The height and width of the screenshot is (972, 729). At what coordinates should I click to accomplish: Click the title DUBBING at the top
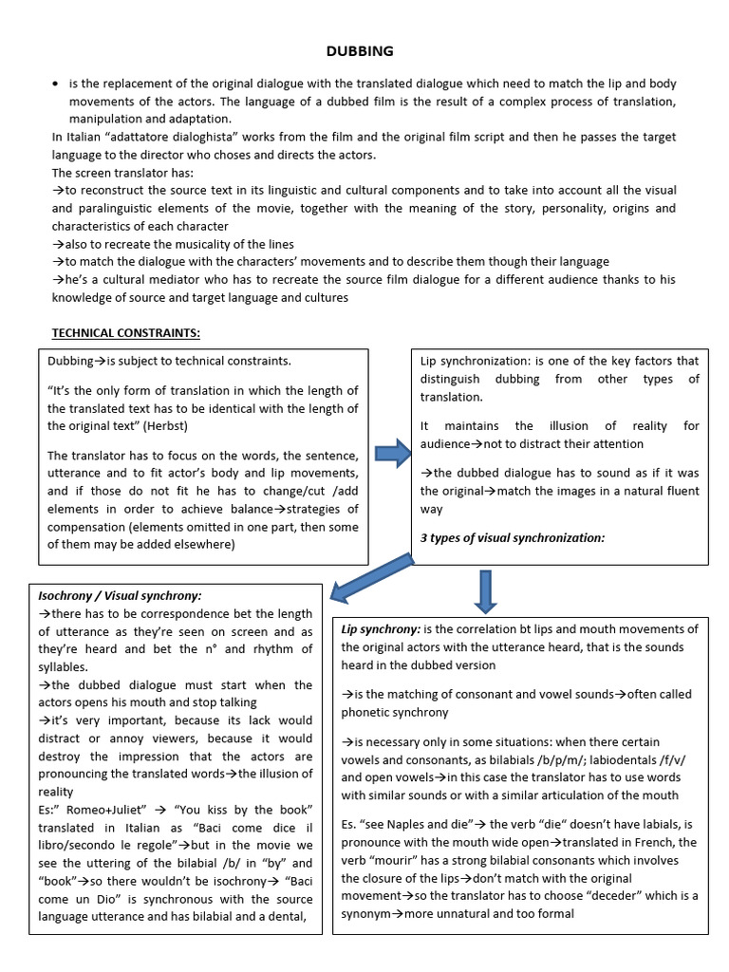click(361, 50)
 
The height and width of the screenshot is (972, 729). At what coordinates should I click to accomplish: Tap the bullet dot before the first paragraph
click(55, 84)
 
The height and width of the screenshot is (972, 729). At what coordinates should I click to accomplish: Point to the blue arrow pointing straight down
click(485, 591)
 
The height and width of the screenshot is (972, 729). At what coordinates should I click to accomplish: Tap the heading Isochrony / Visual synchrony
click(119, 595)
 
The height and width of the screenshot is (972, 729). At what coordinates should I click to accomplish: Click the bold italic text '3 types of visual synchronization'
click(512, 537)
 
